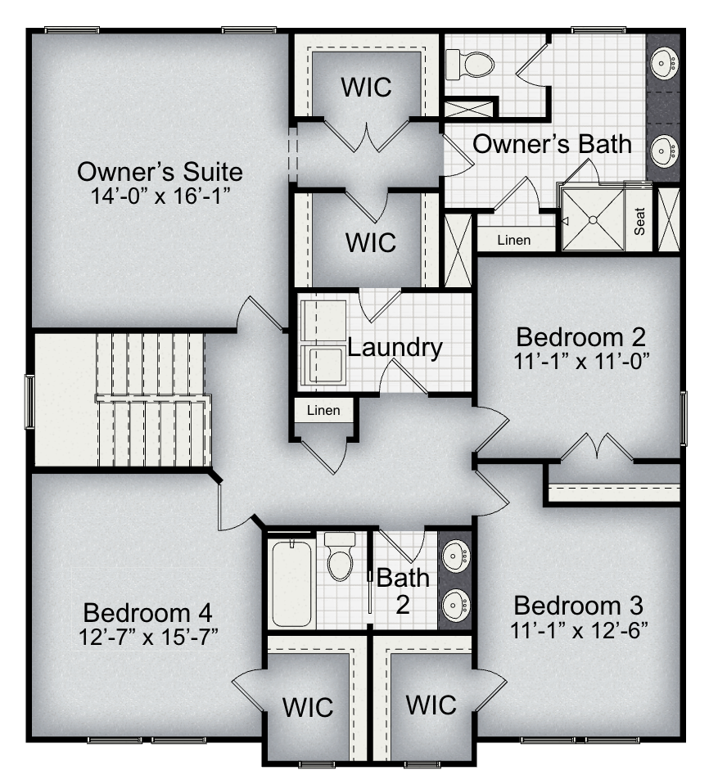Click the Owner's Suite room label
pyautogui.click(x=160, y=172)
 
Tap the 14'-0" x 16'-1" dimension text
pyautogui.click(x=160, y=196)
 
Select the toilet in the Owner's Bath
pyautogui.click(x=470, y=64)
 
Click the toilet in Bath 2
pyautogui.click(x=340, y=556)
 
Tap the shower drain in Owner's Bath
pyautogui.click(x=593, y=219)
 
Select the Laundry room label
pyautogui.click(x=395, y=348)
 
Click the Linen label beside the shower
pyautogui.click(x=514, y=241)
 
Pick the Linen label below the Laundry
pyautogui.click(x=323, y=411)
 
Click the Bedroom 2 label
pyautogui.click(x=581, y=337)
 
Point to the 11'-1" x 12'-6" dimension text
pyautogui.click(x=579, y=630)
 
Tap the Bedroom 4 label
pyautogui.click(x=148, y=613)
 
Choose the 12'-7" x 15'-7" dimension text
pyautogui.click(x=148, y=637)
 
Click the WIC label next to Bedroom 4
pyautogui.click(x=308, y=707)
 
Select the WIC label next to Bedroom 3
pyautogui.click(x=431, y=705)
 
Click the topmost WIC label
pyautogui.click(x=367, y=88)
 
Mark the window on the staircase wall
pyautogui.click(x=30, y=402)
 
